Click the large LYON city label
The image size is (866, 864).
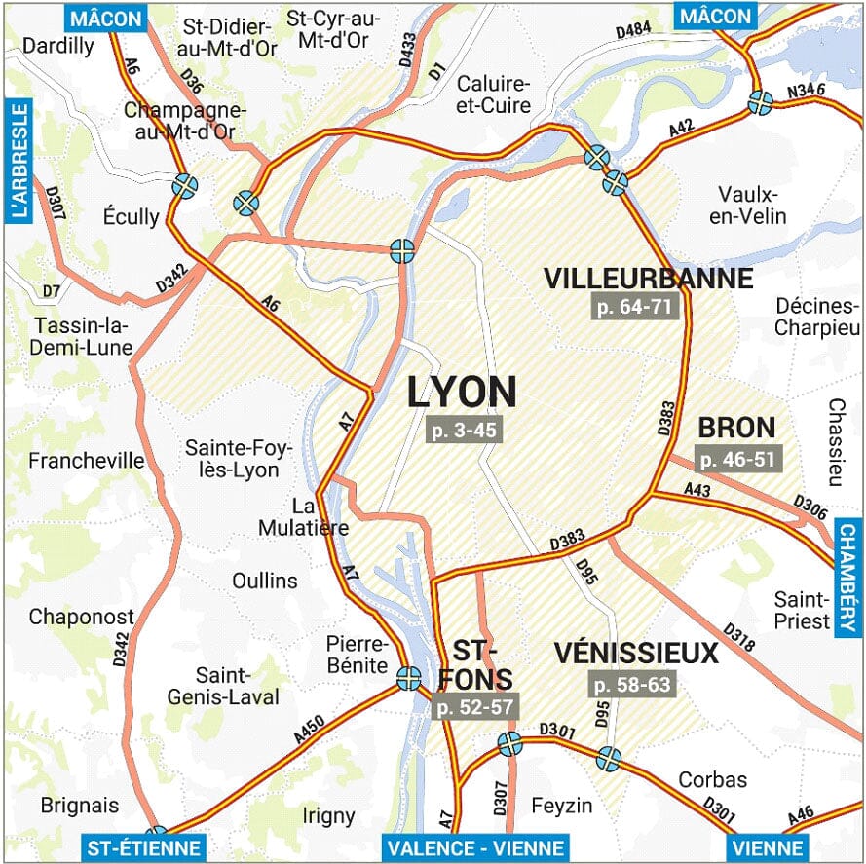pyautogui.click(x=461, y=392)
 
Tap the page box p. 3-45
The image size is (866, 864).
pyautogui.click(x=463, y=431)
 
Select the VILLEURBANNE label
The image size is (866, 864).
pyautogui.click(x=649, y=279)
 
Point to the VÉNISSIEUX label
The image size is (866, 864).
pyautogui.click(x=636, y=652)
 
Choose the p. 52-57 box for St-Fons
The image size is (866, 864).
pyautogui.click(x=474, y=706)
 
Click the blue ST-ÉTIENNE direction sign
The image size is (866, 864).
pyautogui.click(x=143, y=847)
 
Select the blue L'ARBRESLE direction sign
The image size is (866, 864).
pyautogui.click(x=17, y=161)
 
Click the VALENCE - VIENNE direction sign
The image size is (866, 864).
pyautogui.click(x=473, y=847)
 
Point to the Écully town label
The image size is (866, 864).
pyautogui.click(x=131, y=216)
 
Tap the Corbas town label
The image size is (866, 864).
pyautogui.click(x=712, y=779)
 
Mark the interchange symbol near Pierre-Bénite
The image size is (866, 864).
pyautogui.click(x=408, y=674)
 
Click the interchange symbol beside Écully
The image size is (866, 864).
pyautogui.click(x=184, y=186)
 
